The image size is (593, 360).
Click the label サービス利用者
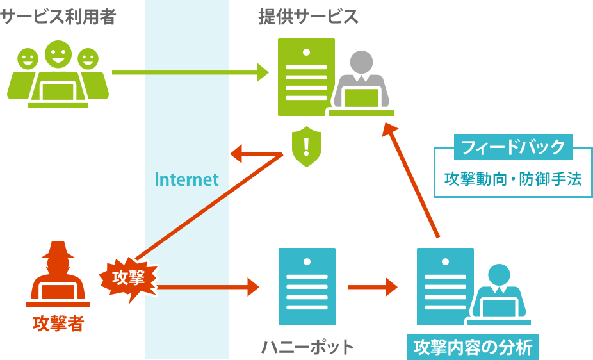pos(58,17)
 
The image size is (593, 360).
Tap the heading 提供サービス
pos(308,17)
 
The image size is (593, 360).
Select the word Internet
pos(186,179)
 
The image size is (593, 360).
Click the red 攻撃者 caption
pos(58,323)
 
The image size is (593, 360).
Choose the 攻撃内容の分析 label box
pos(473,347)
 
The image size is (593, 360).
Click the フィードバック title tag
pos(513,147)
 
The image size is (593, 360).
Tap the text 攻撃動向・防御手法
pos(513,179)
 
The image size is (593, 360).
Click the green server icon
pos(306,77)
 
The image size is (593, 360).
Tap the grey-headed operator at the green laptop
pos(361,83)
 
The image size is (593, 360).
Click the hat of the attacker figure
pos(58,250)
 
